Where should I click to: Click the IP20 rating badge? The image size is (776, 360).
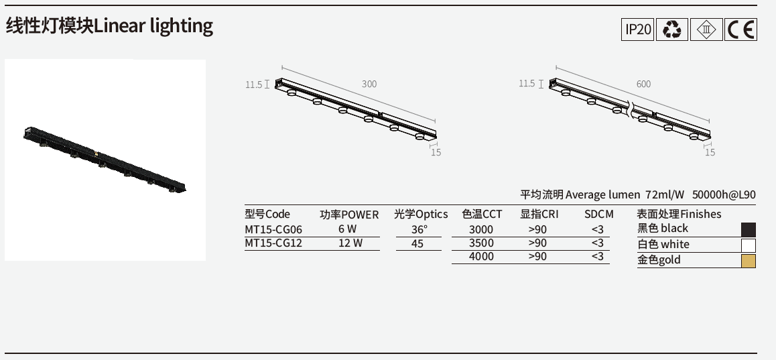[x=638, y=29]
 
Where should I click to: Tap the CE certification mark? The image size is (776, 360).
[x=741, y=29]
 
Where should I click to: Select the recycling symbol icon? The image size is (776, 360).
[x=672, y=29]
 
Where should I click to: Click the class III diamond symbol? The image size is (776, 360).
[x=707, y=29]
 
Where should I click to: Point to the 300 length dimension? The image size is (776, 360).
[x=369, y=84]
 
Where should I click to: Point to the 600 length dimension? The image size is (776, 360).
[x=643, y=84]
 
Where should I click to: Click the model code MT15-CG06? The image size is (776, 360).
[x=273, y=229]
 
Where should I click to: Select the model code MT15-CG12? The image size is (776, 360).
[x=273, y=243]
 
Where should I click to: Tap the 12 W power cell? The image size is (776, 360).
[x=350, y=243]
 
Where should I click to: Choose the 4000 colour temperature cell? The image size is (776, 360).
[x=481, y=257]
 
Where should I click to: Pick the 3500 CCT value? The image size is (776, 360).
[x=481, y=243]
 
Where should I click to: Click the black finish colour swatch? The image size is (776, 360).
[x=749, y=229]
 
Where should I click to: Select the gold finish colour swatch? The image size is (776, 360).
[x=749, y=261]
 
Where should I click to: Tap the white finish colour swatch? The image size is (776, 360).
[x=749, y=245]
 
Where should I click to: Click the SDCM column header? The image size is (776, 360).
[x=598, y=215]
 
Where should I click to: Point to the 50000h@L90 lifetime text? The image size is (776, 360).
[x=724, y=195]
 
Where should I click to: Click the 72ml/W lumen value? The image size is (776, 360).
[x=665, y=195]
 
